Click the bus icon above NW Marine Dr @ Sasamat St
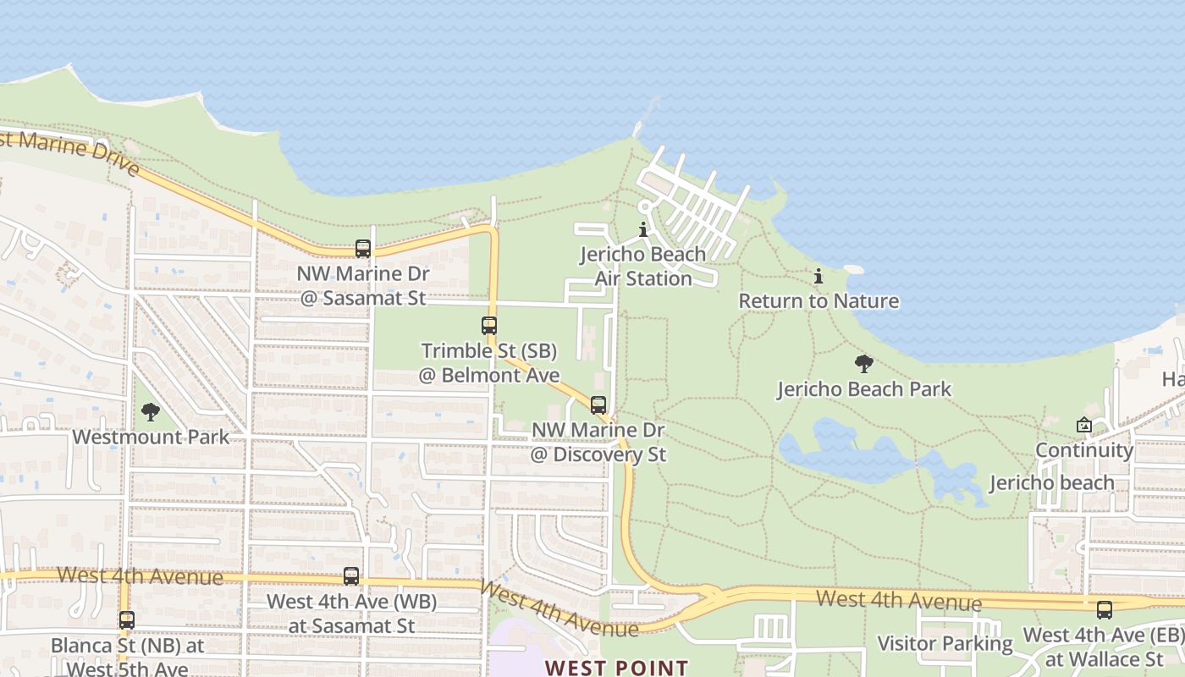(363, 249)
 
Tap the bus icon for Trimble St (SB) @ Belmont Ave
(489, 325)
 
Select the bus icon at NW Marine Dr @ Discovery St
(598, 405)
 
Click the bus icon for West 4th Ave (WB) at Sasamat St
(351, 576)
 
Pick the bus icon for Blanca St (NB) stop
(127, 620)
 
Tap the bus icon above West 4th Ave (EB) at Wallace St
(1105, 610)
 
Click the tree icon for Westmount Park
(151, 412)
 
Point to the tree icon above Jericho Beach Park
(864, 365)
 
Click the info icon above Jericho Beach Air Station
(643, 229)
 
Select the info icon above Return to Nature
(818, 276)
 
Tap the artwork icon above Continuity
(1084, 425)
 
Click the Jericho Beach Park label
(864, 389)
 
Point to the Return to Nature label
(818, 300)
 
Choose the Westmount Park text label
(151, 437)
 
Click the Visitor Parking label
(945, 643)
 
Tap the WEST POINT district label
(616, 667)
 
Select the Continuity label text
(1084, 449)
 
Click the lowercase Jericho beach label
(1052, 482)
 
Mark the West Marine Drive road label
(72, 152)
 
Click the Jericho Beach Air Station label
(643, 266)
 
